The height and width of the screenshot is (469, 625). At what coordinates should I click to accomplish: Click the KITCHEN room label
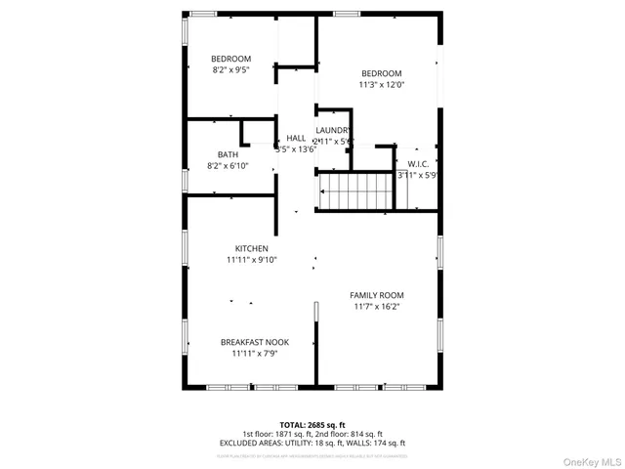(x=252, y=248)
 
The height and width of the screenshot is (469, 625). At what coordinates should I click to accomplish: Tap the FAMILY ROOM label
(x=377, y=295)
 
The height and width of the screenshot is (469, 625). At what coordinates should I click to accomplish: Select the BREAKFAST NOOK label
(x=255, y=342)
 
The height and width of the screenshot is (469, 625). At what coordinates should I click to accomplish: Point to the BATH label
(x=228, y=154)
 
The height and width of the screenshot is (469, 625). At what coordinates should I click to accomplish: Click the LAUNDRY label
(x=333, y=130)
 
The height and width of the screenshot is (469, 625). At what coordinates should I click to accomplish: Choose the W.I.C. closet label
(x=418, y=164)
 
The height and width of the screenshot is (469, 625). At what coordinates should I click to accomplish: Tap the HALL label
(x=296, y=139)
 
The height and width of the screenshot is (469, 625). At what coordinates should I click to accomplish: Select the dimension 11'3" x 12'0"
(x=381, y=85)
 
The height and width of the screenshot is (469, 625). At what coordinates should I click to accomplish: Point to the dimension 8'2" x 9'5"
(x=231, y=70)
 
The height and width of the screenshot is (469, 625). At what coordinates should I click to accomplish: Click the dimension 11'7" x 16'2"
(x=377, y=307)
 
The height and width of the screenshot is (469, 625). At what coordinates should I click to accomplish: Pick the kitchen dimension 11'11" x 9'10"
(x=252, y=260)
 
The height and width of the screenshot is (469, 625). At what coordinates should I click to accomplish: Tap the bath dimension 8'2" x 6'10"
(x=228, y=166)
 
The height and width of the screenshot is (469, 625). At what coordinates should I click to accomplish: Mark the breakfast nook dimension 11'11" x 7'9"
(x=255, y=354)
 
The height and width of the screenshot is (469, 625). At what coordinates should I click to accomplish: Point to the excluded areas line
(x=312, y=443)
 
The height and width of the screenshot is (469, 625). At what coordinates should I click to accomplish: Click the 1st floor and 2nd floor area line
(x=312, y=434)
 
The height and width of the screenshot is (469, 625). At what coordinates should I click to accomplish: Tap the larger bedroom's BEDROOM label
(x=381, y=73)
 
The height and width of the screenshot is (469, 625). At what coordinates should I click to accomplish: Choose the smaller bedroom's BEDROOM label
(x=231, y=59)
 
